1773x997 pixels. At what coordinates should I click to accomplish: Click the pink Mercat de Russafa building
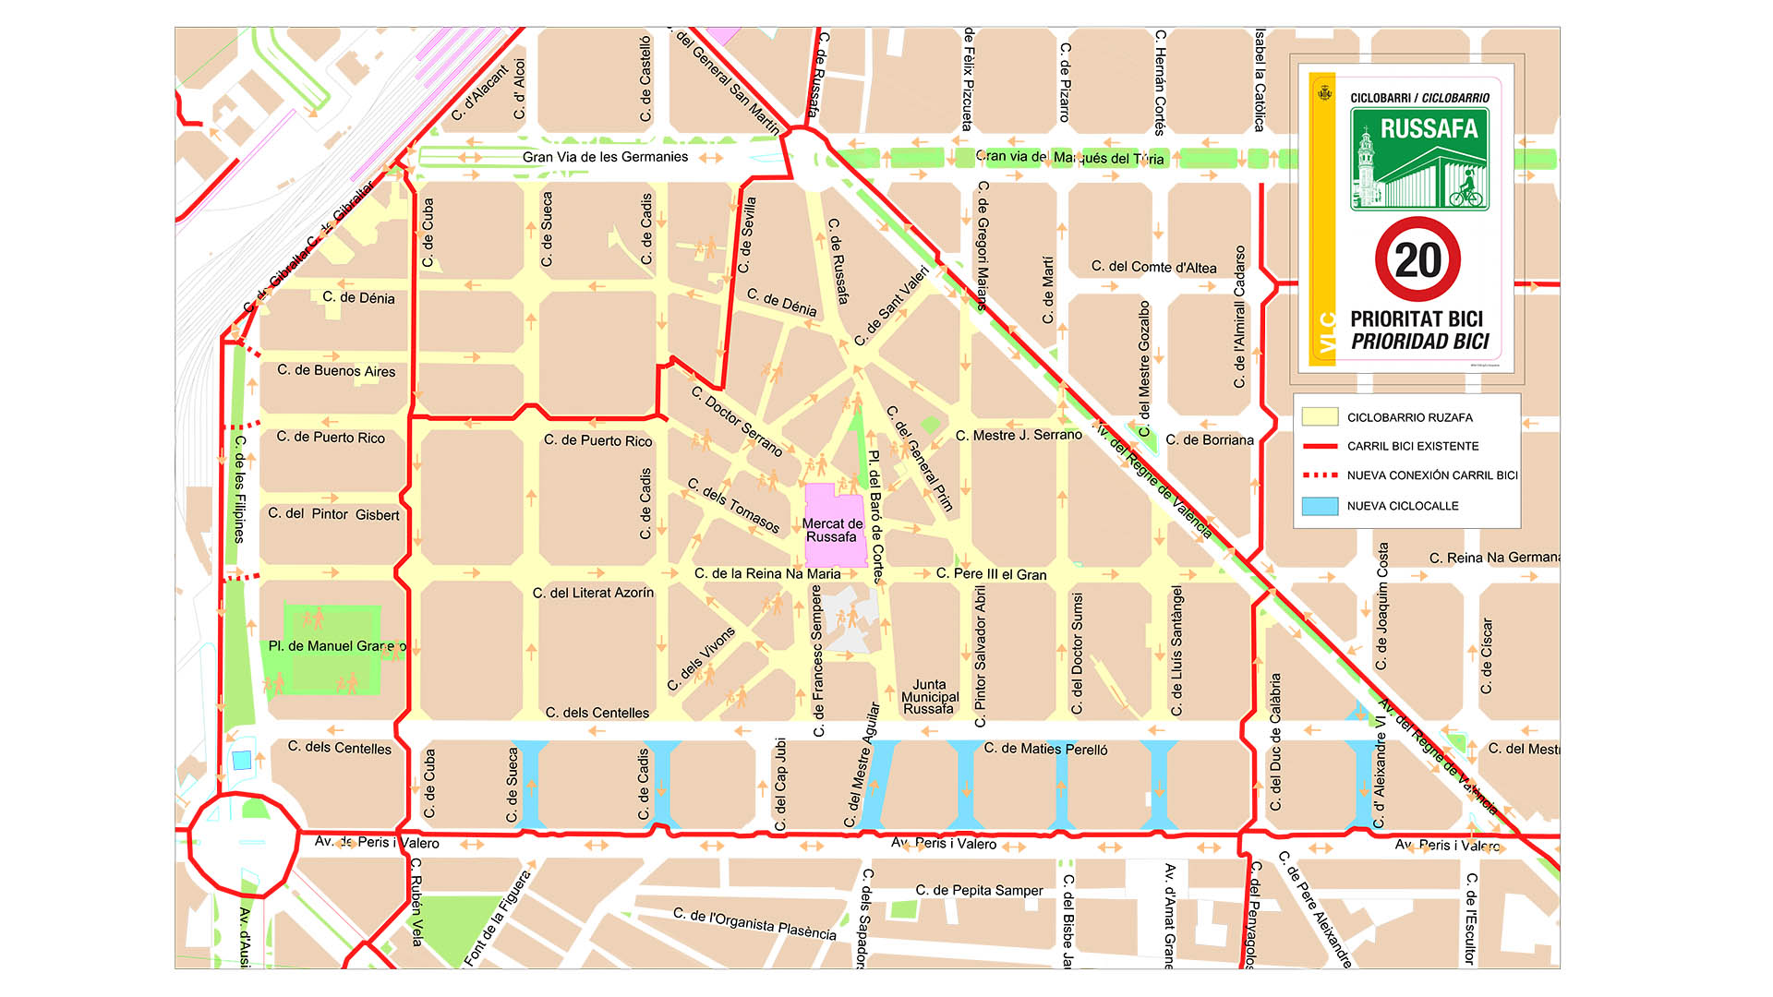coord(834,526)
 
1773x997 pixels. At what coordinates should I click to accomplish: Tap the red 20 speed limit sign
coord(1417,260)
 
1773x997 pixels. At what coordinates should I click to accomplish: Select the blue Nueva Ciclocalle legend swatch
coord(1320,506)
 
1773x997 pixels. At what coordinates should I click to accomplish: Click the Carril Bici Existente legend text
coord(1412,446)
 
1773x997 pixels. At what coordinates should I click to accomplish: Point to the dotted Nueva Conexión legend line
coord(1320,475)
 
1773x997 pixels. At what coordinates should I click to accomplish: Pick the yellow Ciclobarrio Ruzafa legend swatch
coord(1320,417)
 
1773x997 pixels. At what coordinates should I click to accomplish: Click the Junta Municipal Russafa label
coord(930,697)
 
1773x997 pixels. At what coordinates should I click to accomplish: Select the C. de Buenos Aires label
coord(336,371)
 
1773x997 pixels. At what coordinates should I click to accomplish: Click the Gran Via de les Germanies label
coord(605,157)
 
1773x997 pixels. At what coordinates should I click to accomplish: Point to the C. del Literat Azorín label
coord(593,593)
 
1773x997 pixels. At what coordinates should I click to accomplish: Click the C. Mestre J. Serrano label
coord(1019,435)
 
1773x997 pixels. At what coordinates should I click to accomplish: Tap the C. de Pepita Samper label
coord(979,891)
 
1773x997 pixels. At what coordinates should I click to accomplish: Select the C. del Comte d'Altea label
coord(1153,268)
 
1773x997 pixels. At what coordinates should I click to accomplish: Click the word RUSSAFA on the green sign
coord(1429,128)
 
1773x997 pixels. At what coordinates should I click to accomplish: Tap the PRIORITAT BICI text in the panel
coord(1416,319)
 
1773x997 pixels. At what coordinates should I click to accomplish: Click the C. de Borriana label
coord(1209,440)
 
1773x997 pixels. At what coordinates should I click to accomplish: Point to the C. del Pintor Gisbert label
coord(333,514)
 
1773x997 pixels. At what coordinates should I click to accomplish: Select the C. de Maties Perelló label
coord(1045,750)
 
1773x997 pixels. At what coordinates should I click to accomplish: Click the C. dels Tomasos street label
coord(734,505)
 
